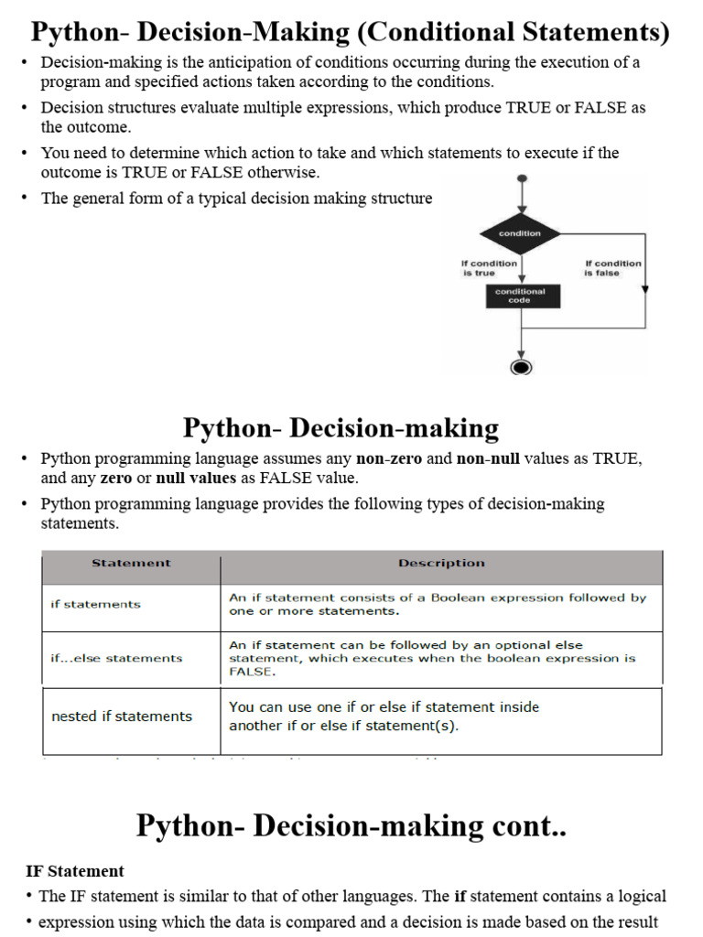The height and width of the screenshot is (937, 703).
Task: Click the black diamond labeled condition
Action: [x=520, y=233]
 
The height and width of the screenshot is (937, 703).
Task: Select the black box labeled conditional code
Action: [x=520, y=296]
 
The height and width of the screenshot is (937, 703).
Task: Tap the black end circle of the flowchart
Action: [x=521, y=367]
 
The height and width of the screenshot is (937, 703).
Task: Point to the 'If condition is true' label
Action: [x=489, y=268]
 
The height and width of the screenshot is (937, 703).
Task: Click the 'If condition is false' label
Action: [x=613, y=268]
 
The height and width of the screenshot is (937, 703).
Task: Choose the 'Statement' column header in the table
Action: [x=131, y=564]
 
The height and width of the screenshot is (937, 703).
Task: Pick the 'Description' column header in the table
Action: [x=441, y=564]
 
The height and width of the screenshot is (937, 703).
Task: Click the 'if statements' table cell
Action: [x=96, y=604]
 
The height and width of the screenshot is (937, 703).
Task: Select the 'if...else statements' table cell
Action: [x=116, y=658]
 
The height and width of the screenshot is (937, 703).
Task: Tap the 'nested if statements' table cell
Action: [x=122, y=716]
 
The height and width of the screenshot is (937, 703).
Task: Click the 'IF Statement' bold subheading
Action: [x=75, y=871]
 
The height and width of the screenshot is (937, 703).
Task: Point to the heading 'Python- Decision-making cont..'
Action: [x=351, y=825]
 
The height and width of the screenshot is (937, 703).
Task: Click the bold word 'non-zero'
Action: [x=389, y=459]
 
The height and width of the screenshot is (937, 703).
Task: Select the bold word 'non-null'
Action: [x=489, y=459]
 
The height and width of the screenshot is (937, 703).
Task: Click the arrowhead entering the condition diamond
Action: [x=521, y=208]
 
